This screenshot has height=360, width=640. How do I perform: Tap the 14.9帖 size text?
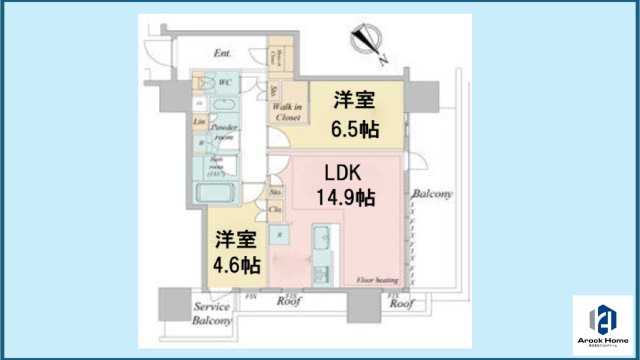tap(346, 197)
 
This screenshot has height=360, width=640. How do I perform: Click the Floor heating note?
tap(375, 281)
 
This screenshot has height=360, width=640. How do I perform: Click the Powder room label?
tap(222, 133)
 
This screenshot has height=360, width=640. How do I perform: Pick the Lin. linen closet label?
tap(199, 122)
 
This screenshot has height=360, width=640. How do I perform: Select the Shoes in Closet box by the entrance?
tap(281, 54)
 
